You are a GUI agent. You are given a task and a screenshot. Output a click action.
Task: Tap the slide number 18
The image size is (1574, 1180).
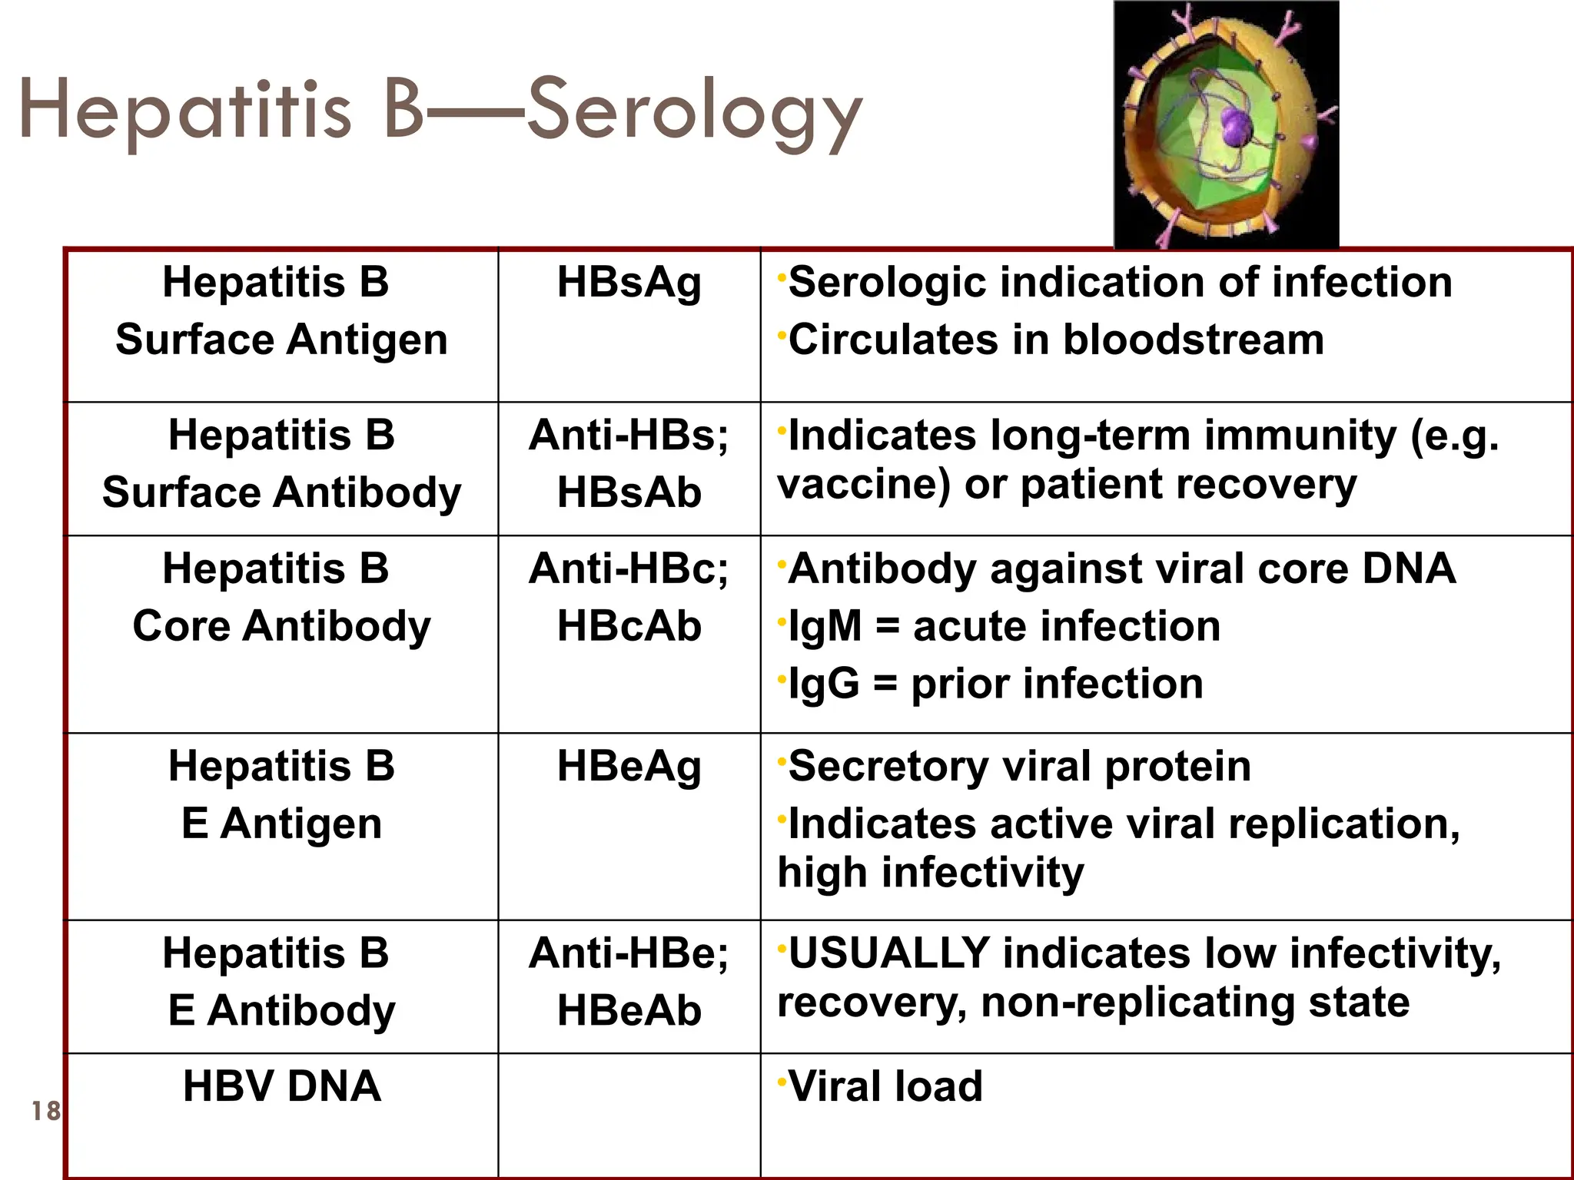click(x=45, y=1111)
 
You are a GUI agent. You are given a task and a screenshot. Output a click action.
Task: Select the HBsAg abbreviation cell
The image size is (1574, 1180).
click(x=629, y=283)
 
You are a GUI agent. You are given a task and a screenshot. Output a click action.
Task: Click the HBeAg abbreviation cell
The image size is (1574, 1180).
click(x=629, y=767)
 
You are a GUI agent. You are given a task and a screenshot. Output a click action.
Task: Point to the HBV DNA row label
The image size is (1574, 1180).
click(x=281, y=1086)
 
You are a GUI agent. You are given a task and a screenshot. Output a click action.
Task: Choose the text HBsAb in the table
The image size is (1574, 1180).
click(x=629, y=492)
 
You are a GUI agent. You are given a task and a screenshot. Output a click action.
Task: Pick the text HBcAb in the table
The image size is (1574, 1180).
click(x=629, y=626)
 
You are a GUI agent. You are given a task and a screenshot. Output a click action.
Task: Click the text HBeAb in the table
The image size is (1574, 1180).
click(x=629, y=1010)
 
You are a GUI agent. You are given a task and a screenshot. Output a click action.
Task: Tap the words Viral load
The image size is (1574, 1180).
click(x=885, y=1086)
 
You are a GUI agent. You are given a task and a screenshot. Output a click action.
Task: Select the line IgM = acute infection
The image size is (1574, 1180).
click(x=1004, y=626)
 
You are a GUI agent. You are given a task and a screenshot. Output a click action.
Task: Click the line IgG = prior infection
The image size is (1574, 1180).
click(x=995, y=684)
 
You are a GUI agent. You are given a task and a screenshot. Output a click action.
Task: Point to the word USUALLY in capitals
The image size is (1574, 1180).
click(x=888, y=953)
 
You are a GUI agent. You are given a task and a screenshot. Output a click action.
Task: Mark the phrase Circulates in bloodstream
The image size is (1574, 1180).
click(x=1056, y=340)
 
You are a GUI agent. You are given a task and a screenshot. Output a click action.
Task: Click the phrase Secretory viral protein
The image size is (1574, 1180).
click(x=1019, y=767)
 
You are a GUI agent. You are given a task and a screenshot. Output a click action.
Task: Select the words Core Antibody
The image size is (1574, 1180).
click(x=281, y=626)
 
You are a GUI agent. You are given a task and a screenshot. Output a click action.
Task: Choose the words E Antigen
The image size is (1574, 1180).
click(x=281, y=824)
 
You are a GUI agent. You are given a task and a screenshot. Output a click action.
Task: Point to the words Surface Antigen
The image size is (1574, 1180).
click(x=281, y=340)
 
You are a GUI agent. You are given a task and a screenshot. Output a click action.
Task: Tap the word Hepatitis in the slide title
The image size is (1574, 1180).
click(x=184, y=111)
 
